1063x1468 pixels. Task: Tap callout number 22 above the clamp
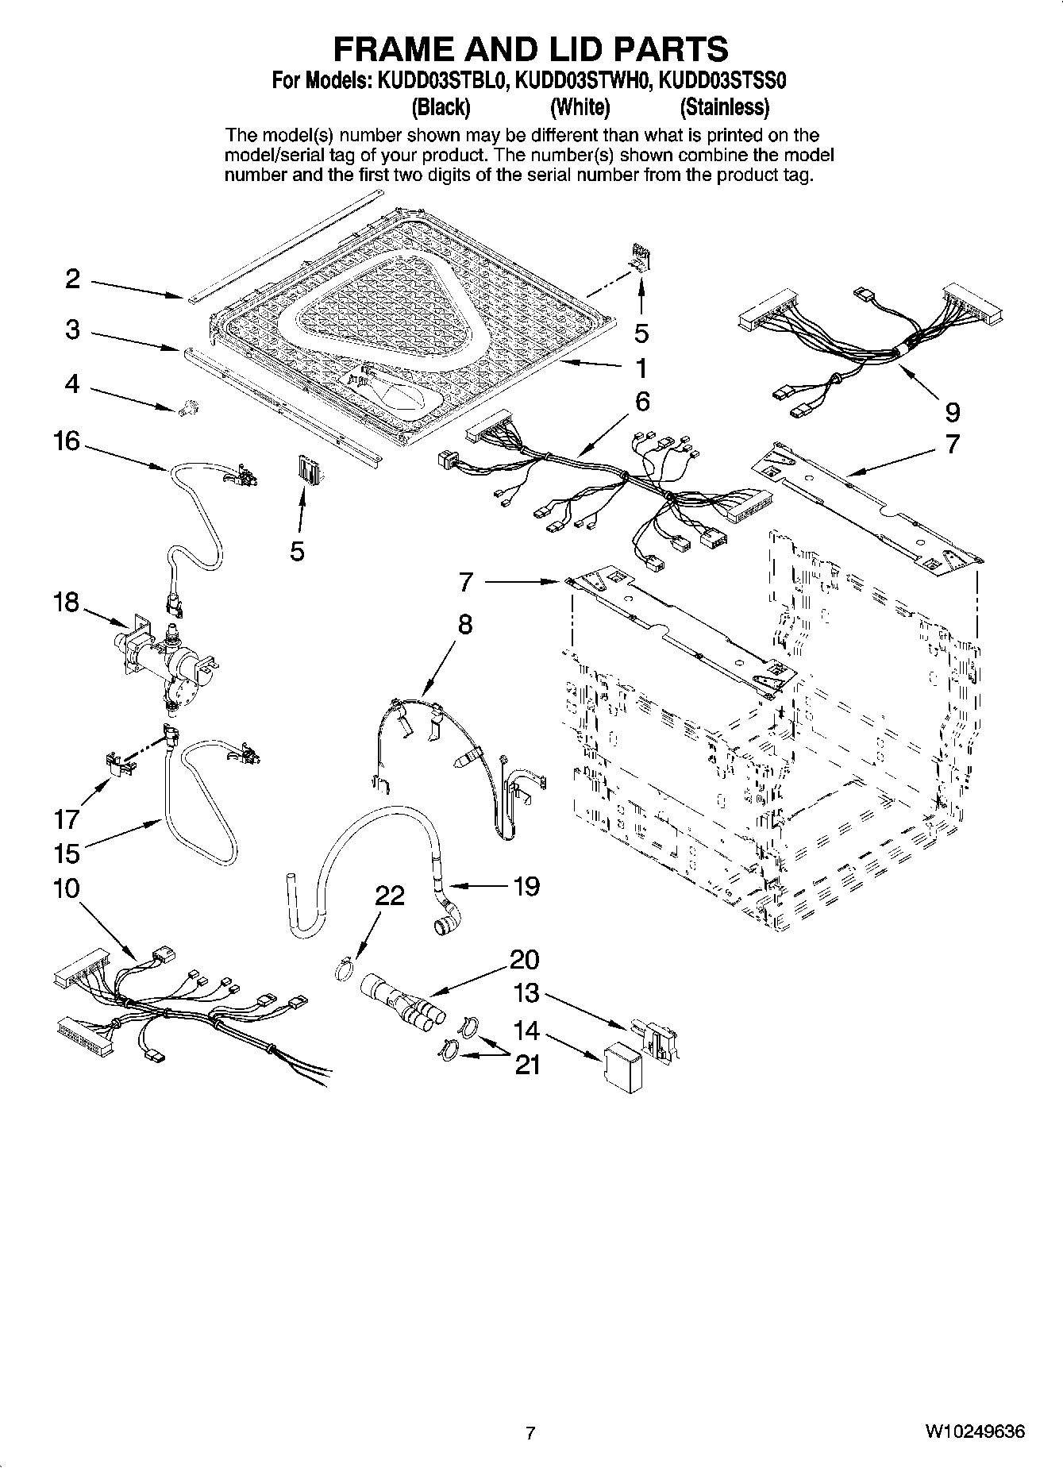(x=390, y=896)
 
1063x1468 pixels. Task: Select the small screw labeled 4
(x=189, y=408)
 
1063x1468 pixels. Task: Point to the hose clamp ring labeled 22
(x=343, y=970)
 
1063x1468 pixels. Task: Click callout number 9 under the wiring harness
(x=952, y=411)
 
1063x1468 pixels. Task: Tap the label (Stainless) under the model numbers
(x=724, y=106)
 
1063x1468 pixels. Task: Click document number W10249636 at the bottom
(x=974, y=1432)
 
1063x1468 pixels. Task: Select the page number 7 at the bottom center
(x=530, y=1433)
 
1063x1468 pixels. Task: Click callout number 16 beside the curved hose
(x=67, y=441)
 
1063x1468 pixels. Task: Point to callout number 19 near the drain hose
(x=526, y=886)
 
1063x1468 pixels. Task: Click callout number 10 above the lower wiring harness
(x=67, y=888)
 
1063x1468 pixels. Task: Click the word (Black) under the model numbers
(x=441, y=106)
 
